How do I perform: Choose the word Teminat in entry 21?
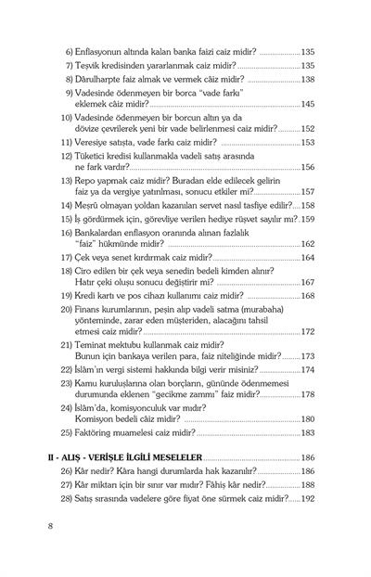tap(91, 343)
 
